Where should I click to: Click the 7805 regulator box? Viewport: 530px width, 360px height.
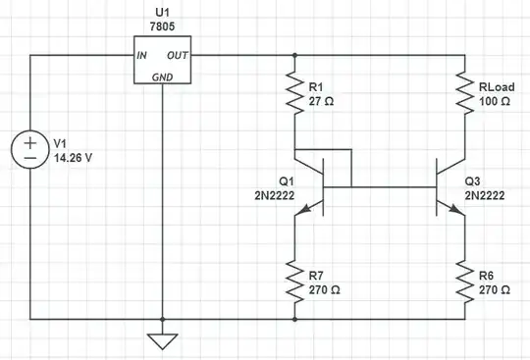(163, 64)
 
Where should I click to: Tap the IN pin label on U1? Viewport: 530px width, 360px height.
(142, 55)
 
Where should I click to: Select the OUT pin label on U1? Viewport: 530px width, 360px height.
(178, 55)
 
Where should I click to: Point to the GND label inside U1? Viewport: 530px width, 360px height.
(163, 77)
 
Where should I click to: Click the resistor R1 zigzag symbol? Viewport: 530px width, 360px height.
(293, 94)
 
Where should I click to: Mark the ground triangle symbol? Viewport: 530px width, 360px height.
(163, 341)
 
